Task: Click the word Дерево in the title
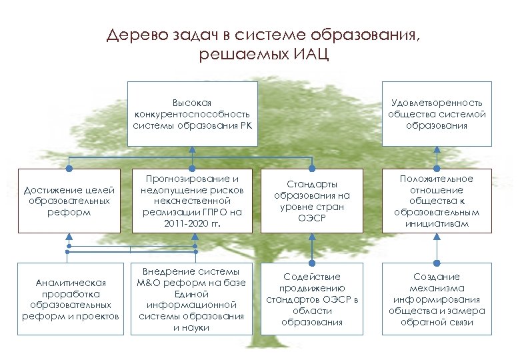[133, 35]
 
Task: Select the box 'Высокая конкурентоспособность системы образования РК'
[193, 113]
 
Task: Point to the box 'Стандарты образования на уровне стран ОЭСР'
[311, 200]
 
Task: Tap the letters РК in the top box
[247, 124]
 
